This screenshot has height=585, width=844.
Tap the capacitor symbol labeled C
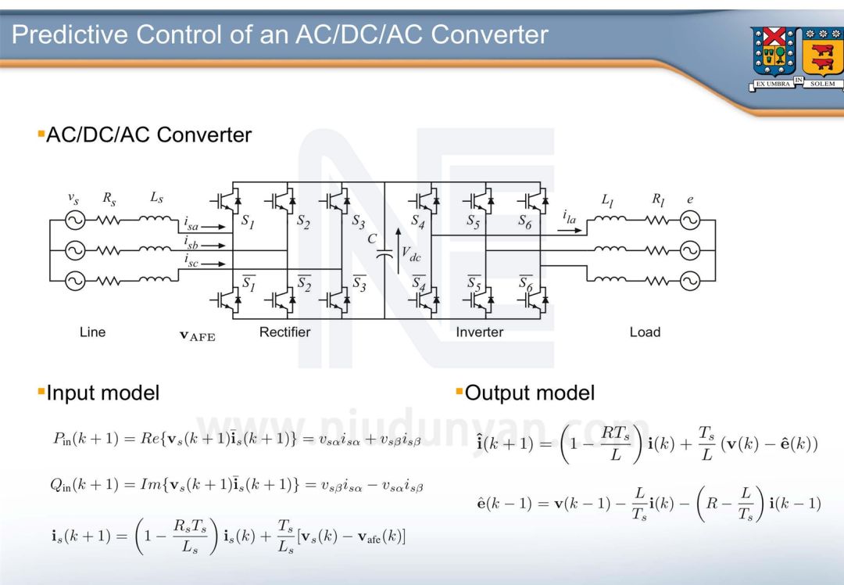click(384, 253)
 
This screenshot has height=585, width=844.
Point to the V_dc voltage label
click(409, 252)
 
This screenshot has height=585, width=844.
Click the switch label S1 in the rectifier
click(248, 222)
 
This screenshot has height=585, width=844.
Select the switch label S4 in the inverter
click(418, 222)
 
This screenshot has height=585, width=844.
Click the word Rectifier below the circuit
click(284, 332)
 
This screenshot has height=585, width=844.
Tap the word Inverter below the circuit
click(479, 332)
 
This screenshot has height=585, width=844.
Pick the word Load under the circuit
click(645, 332)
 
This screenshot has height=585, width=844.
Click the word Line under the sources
click(92, 332)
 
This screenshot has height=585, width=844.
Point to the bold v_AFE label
click(197, 336)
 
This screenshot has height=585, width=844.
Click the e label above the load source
click(690, 200)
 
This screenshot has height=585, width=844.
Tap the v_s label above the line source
click(73, 200)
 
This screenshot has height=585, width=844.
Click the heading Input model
click(102, 393)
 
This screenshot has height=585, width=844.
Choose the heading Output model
click(529, 393)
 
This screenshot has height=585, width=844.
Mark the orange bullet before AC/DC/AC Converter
click(41, 135)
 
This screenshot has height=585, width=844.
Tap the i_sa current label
click(192, 224)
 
